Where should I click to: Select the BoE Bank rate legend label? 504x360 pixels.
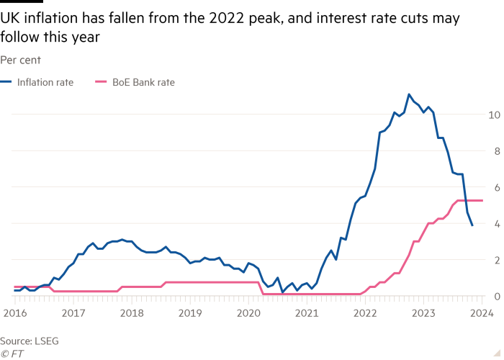pos(143,83)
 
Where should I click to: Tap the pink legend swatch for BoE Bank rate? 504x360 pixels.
pos(101,83)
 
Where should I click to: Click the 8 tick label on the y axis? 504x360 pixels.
pos(495,150)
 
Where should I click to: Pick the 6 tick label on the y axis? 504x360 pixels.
pos(495,187)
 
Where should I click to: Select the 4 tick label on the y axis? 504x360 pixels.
pos(495,223)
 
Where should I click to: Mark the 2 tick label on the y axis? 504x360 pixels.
pos(495,259)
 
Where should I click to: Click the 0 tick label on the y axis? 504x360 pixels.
pos(495,295)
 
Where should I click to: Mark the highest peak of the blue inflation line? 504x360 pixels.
pos(409,94)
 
